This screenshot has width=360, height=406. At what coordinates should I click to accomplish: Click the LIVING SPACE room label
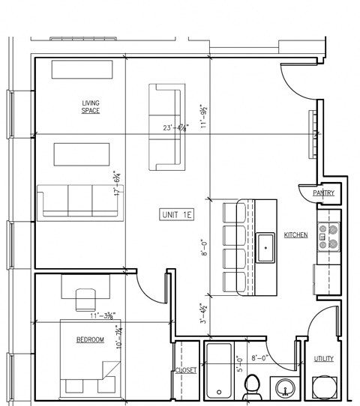tap(91, 106)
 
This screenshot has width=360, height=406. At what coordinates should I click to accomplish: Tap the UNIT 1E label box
tap(177, 215)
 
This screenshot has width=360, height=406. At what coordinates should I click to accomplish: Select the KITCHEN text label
tap(295, 235)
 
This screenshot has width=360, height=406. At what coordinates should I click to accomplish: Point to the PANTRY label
tap(324, 193)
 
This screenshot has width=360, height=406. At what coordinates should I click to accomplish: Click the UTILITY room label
tap(324, 360)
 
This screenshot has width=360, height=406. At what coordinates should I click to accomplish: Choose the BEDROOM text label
tap(91, 340)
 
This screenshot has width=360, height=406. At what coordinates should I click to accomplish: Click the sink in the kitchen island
tap(265, 247)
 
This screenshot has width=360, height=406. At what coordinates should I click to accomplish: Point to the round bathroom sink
tap(284, 388)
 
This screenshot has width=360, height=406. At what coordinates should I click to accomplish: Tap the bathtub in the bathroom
tap(218, 370)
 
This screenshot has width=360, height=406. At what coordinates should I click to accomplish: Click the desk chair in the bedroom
tap(85, 300)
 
